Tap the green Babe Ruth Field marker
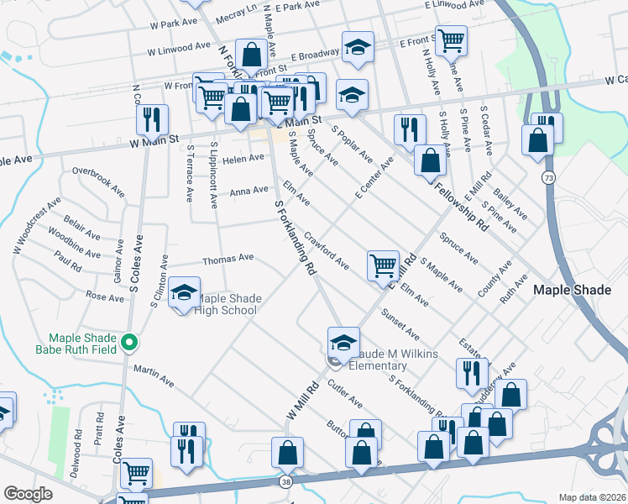pos(128,342)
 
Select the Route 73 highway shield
pos(548,177)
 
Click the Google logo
pos(28,494)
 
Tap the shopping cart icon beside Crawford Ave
pos(383,265)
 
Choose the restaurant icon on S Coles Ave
pos(152,119)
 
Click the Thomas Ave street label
pos(228,259)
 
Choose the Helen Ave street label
pos(243,158)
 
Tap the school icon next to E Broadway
pos(358,48)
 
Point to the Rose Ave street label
pos(104,296)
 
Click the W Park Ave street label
pos(171,24)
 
